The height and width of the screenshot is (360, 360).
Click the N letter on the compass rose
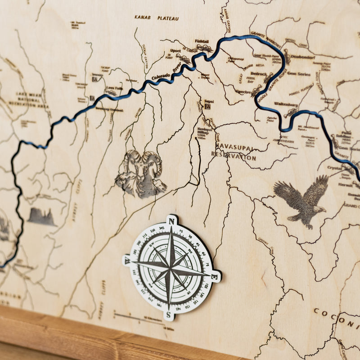click(171, 220)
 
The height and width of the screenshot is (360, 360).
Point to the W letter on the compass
click(128, 260)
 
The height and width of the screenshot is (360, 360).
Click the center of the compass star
click(171, 267)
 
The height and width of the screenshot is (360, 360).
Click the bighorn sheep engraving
click(141, 174)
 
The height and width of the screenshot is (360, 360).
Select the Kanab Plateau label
click(156, 18)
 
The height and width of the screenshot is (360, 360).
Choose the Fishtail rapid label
click(202, 40)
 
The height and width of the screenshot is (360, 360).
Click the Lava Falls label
click(114, 88)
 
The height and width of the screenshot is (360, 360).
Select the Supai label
click(208, 101)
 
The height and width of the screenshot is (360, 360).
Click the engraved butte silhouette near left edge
click(41, 217)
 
